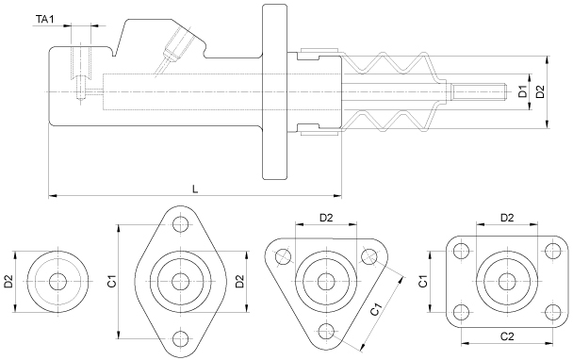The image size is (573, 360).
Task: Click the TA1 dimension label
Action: (x=45, y=20)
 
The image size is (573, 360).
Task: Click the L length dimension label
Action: (x=195, y=189)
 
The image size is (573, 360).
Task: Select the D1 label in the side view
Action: (x=524, y=91)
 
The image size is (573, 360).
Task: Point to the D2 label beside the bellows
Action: (x=540, y=91)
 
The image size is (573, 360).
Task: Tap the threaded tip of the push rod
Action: (x=479, y=91)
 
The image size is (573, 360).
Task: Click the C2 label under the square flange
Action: (x=507, y=335)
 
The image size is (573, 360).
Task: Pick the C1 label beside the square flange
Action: (x=423, y=282)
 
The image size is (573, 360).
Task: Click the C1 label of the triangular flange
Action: (x=376, y=309)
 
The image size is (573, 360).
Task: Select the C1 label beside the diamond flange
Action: (x=113, y=282)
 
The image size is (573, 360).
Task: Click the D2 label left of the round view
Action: (x=8, y=282)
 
